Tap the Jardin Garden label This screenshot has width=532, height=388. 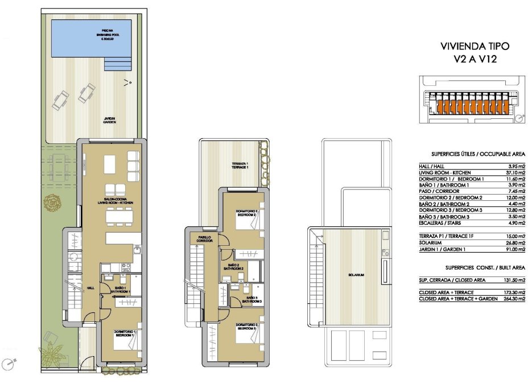point(109,120)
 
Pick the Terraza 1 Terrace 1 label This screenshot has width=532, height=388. point(240,166)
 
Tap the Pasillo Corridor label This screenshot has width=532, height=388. point(205,239)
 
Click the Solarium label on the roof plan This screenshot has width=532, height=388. point(357,275)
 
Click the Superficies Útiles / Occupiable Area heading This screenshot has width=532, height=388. point(472,153)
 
